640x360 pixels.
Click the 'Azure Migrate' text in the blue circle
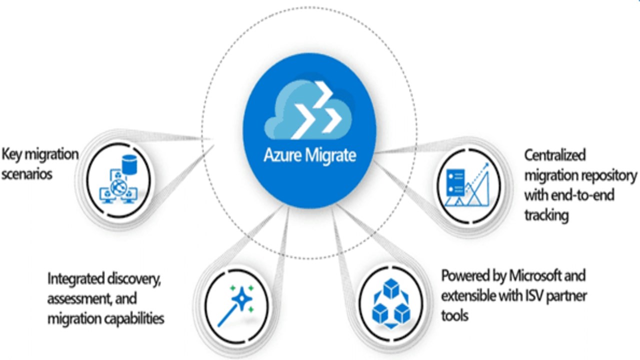click(x=310, y=155)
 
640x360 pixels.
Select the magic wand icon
click(x=236, y=304)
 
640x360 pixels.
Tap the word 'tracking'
click(x=546, y=215)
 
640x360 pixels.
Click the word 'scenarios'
click(x=26, y=174)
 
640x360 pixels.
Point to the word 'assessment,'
click(x=79, y=298)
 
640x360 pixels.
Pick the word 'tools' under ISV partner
click(x=454, y=315)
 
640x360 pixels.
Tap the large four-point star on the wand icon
click(x=244, y=298)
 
